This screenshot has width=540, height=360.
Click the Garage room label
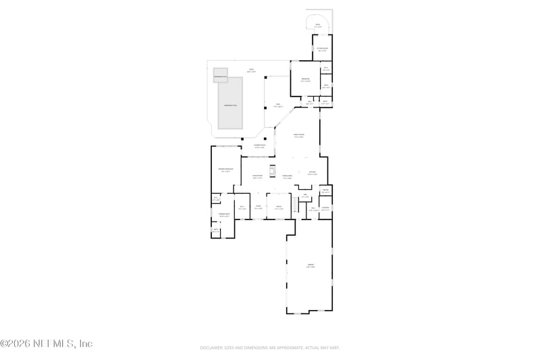(310, 266)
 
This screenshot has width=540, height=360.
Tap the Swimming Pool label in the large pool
(230, 105)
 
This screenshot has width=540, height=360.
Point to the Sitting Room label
(323, 49)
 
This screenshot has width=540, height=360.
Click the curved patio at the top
(318, 22)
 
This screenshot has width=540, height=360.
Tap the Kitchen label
(312, 173)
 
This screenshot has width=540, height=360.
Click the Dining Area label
(287, 177)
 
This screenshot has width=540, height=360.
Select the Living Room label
(257, 177)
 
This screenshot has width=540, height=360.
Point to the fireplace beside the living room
(273, 170)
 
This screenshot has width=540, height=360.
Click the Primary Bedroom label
(225, 170)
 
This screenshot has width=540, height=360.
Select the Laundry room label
(325, 208)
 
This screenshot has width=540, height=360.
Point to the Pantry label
(325, 192)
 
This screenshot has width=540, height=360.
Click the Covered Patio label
(259, 146)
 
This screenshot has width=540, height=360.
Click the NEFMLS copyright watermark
(46, 344)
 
